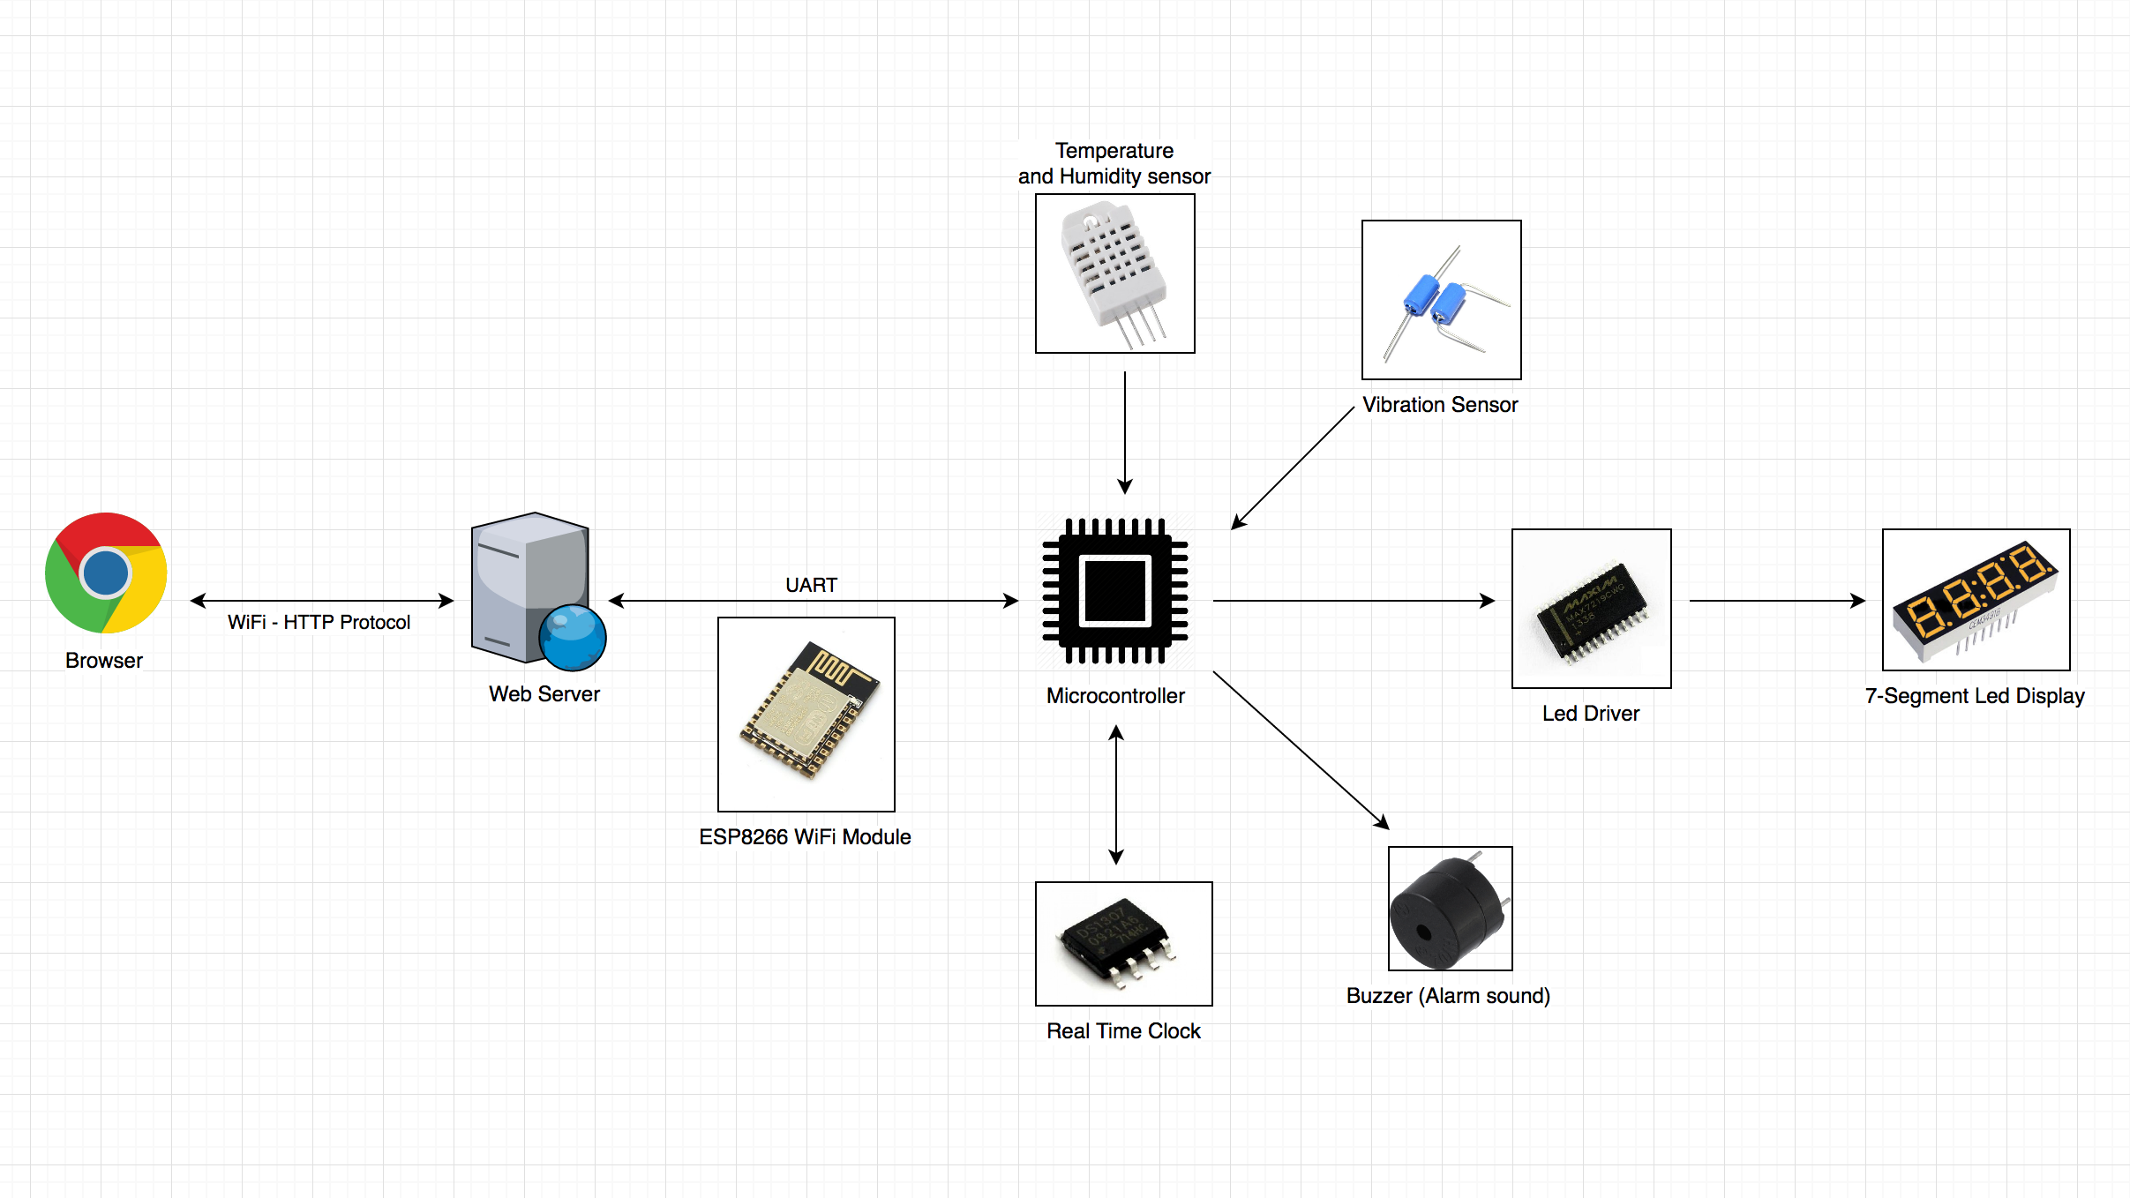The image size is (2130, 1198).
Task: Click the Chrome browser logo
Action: [106, 573]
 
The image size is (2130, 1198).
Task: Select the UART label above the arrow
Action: [811, 585]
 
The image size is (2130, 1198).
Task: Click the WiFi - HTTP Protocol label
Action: [319, 622]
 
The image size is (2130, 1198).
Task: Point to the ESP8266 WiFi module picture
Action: [806, 714]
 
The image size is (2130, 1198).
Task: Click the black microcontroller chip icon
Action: [1115, 590]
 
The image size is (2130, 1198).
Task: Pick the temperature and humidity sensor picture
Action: [1114, 273]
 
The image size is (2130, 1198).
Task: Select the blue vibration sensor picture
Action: [1441, 300]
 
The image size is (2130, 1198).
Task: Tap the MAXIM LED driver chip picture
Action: [1591, 609]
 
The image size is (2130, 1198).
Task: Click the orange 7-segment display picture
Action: [1976, 600]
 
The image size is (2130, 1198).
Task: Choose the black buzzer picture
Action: [1450, 909]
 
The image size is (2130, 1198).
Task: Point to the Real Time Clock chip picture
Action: [1123, 944]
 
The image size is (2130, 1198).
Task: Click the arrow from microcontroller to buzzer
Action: [1301, 750]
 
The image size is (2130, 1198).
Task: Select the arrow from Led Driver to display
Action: [1776, 601]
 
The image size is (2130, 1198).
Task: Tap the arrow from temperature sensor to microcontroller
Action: [1125, 432]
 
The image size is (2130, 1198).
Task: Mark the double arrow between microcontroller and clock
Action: [1116, 794]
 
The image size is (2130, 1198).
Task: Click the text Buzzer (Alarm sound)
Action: [1448, 996]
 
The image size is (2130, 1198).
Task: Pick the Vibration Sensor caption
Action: [1440, 405]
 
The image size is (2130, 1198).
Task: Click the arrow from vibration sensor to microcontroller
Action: [1293, 468]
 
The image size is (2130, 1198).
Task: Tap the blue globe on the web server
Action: [573, 637]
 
